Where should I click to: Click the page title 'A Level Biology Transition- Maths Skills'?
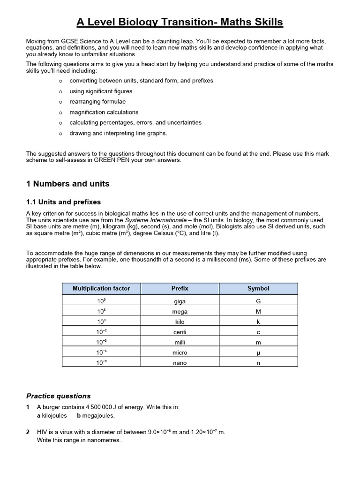180,22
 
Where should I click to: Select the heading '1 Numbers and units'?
67,184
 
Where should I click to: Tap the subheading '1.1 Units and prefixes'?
63,202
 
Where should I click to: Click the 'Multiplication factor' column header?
101,288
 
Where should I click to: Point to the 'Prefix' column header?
180,288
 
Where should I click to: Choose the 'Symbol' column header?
258,288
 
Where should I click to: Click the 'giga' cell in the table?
180,301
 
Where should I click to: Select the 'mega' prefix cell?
180,311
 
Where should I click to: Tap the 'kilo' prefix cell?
180,322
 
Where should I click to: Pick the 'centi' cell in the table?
180,332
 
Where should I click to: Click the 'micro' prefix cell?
180,352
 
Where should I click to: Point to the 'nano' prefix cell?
180,363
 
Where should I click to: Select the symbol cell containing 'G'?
258,301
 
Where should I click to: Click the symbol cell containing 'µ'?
258,352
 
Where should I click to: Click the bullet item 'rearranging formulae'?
97,102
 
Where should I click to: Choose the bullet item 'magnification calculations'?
104,112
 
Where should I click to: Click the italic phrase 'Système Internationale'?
154,220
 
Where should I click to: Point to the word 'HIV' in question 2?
42,432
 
